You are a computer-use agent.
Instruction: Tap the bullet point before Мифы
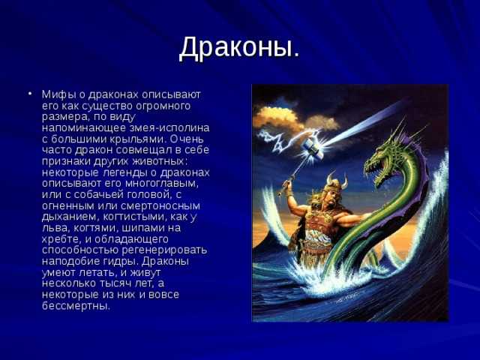pos(30,93)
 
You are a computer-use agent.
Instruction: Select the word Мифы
pos(58,94)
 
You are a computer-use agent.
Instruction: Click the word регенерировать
pos(164,250)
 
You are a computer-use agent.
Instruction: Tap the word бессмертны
pos(76,305)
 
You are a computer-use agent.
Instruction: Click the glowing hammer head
pos(313,148)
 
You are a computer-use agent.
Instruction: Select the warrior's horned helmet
pos(336,183)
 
